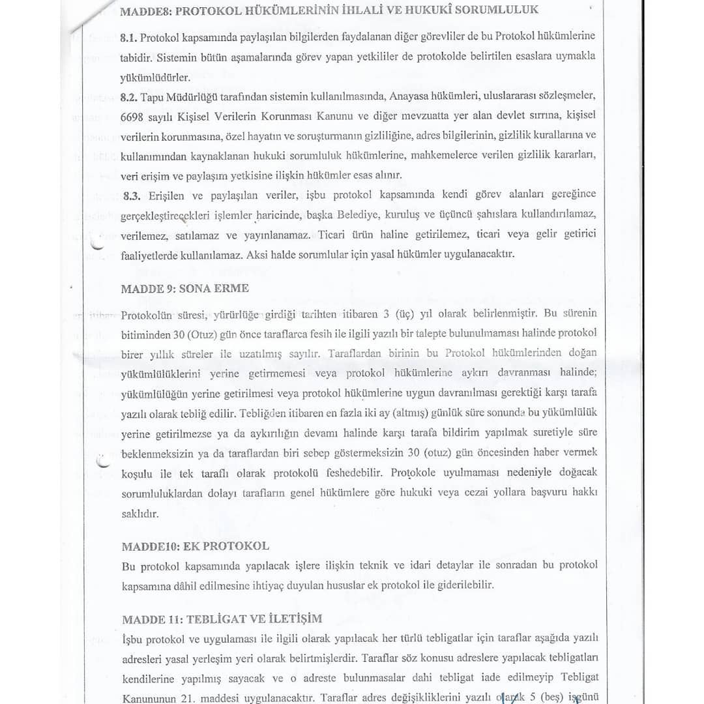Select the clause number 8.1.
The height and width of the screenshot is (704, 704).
coord(129,37)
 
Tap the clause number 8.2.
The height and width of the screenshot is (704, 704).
coord(129,96)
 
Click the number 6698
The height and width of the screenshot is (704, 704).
coord(133,116)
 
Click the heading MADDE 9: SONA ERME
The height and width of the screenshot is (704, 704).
coord(184,288)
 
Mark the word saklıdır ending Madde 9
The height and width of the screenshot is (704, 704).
coord(140,513)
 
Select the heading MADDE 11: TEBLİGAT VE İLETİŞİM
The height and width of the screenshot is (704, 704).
coord(221,619)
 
